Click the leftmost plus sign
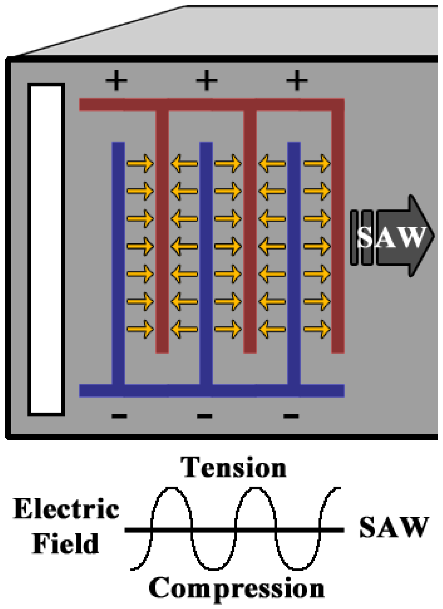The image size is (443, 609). (x=116, y=80)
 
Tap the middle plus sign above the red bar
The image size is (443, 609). (x=207, y=80)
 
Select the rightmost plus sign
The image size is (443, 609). (x=297, y=80)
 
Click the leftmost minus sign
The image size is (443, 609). (x=119, y=416)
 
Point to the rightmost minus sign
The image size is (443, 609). (x=291, y=416)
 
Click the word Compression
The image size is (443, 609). (x=236, y=588)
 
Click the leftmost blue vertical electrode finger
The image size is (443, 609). (x=118, y=263)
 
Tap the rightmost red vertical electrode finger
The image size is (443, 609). (x=338, y=231)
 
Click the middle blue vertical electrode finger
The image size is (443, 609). (x=206, y=263)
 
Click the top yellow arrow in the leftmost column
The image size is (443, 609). (x=140, y=163)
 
